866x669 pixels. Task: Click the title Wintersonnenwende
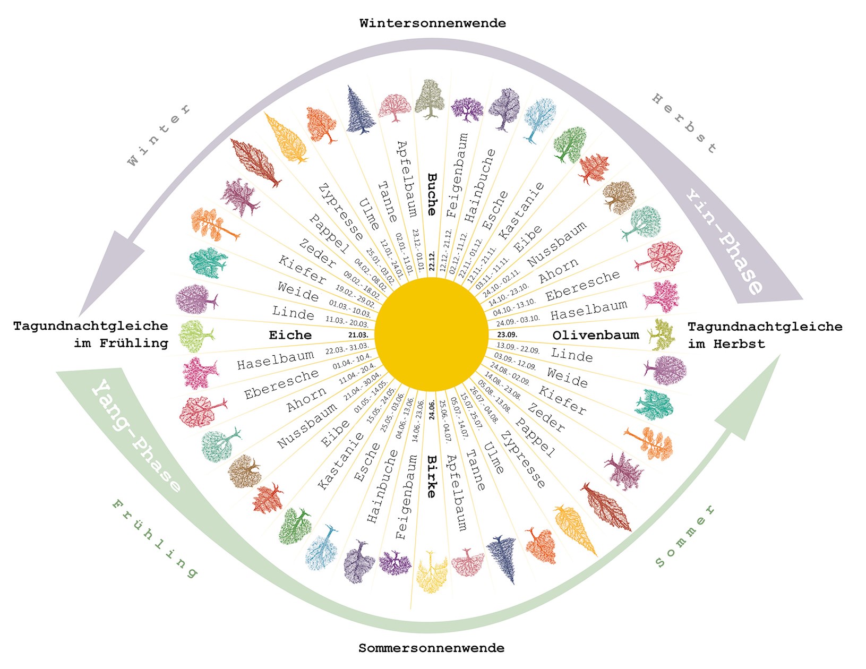point(432,23)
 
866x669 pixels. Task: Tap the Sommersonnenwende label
point(431,648)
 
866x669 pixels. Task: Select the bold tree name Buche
point(432,194)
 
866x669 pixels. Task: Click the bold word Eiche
point(290,335)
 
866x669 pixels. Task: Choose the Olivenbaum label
point(595,335)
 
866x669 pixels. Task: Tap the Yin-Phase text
point(725,242)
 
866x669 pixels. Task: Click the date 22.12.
point(432,261)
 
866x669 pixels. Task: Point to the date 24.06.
point(432,409)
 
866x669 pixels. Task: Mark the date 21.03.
point(358,335)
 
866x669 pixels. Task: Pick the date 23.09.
point(507,335)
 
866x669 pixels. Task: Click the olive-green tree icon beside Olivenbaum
point(662,334)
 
